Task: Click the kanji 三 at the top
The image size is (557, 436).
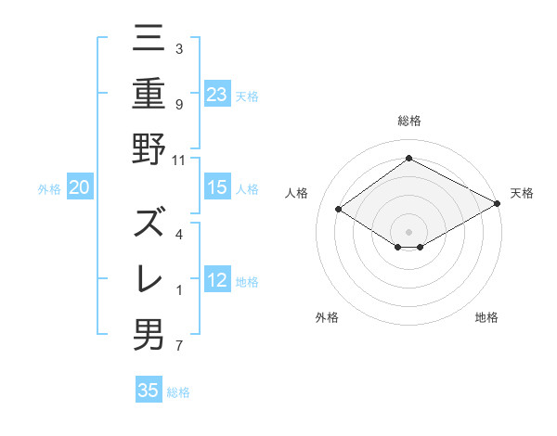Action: coord(149,39)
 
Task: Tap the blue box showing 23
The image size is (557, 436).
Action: coord(217,94)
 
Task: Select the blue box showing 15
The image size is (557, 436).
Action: coord(217,188)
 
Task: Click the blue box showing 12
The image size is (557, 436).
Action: coord(217,280)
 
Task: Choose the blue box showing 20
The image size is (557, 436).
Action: coord(80,188)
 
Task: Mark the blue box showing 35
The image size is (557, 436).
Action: coord(149,391)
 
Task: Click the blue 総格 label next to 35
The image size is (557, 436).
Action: coord(178,392)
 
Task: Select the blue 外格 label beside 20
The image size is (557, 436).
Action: coord(49,189)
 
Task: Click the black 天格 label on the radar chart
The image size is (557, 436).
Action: coord(522,193)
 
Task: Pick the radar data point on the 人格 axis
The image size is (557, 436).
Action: coord(339,210)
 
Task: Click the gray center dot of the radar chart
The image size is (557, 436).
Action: coord(408,230)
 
